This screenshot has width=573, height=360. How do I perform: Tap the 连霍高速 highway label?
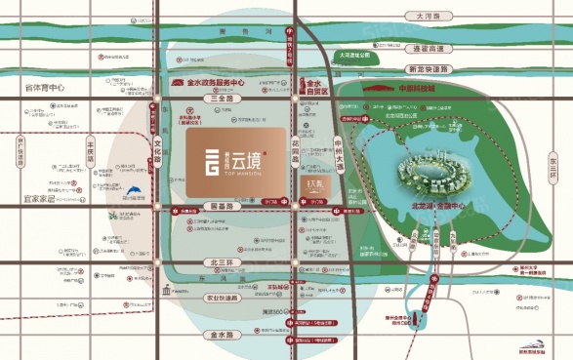(x=429, y=48)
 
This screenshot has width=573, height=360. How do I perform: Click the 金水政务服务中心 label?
(x=211, y=85)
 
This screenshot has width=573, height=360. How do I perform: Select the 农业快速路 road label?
(x=223, y=298)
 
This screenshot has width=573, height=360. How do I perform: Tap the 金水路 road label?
(x=225, y=334)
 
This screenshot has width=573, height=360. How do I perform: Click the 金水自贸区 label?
(x=313, y=90)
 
